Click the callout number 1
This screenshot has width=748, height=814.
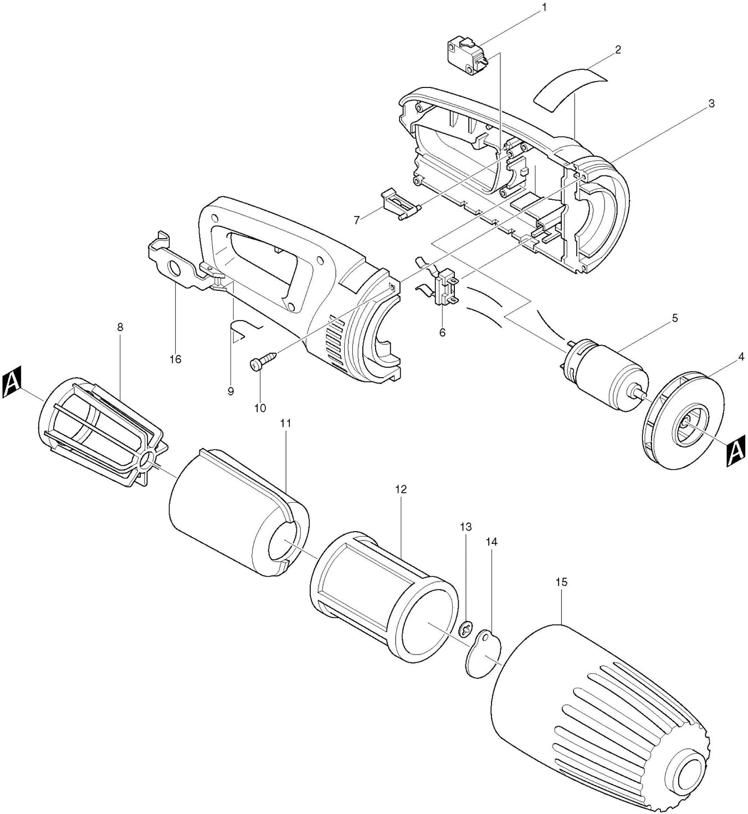coord(544,7)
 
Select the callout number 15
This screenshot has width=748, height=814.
coord(561,583)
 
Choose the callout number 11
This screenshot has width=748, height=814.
coord(285,423)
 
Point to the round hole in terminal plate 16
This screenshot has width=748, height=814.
coord(174,269)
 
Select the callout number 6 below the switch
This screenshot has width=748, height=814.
coord(442,332)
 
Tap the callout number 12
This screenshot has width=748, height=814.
coord(401,489)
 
